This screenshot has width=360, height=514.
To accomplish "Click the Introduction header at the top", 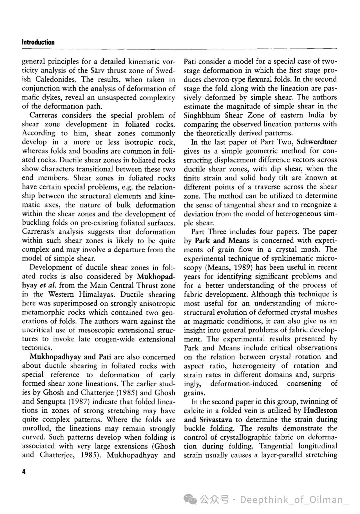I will pyautogui.click(x=38, y=42).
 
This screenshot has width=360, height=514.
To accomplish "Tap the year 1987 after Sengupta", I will pyautogui.click(x=83, y=402).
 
